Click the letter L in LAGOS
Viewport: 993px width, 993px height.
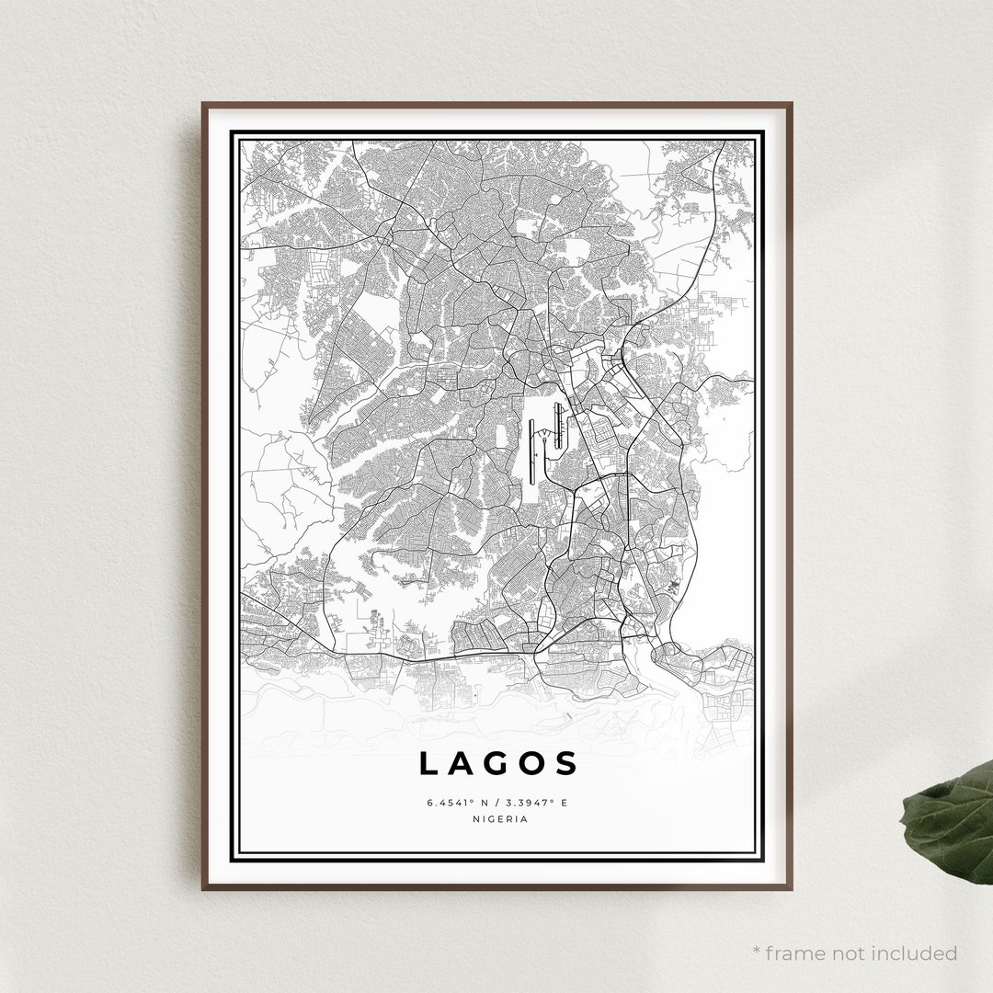(429, 764)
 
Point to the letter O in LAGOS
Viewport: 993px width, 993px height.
(532, 764)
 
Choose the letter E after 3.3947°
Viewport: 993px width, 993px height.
(565, 803)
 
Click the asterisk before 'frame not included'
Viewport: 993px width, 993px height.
(756, 951)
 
